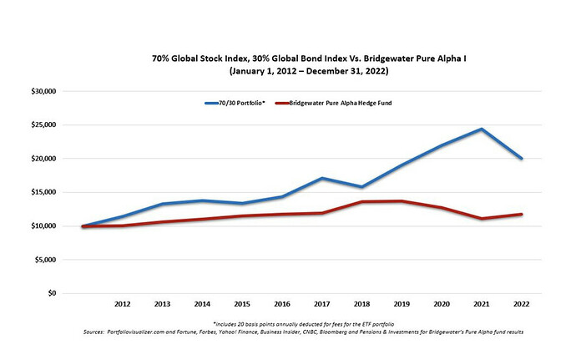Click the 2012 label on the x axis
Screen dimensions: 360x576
(x=122, y=305)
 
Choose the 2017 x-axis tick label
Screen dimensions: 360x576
(x=321, y=305)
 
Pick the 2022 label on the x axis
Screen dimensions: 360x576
(x=521, y=305)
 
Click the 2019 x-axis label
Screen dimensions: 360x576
(x=402, y=305)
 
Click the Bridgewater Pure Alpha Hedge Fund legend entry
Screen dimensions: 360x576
(x=346, y=104)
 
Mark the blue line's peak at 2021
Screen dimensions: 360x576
(x=482, y=129)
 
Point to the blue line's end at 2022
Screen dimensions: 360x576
(x=522, y=158)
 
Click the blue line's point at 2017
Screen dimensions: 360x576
(x=321, y=178)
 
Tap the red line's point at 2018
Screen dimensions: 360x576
(x=361, y=201)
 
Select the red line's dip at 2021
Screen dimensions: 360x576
(x=482, y=219)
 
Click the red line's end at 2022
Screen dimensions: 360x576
(x=522, y=215)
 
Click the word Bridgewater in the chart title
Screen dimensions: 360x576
(x=350, y=60)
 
